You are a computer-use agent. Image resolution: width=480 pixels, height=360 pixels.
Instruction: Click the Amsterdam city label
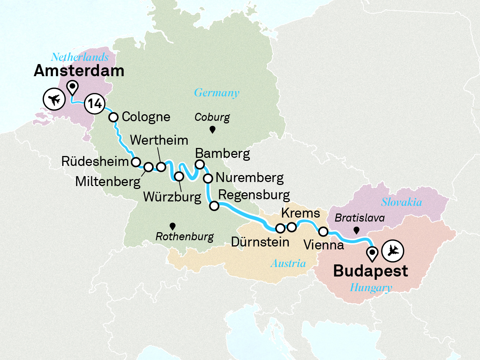79,71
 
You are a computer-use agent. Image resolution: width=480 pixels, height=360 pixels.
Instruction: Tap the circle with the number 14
95,104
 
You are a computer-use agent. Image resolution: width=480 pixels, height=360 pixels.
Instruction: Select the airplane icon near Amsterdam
54,99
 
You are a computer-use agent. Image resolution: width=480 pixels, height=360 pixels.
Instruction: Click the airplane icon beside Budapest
393,251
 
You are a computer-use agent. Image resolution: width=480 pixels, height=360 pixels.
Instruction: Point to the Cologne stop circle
114,117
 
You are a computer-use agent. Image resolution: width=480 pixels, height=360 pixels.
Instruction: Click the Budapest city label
370,271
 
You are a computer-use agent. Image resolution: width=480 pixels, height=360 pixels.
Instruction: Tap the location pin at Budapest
373,253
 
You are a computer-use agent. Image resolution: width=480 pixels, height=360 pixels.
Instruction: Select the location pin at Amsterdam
73,87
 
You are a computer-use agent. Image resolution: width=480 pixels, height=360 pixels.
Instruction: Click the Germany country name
217,93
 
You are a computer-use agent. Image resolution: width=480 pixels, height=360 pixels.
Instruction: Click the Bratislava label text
359,218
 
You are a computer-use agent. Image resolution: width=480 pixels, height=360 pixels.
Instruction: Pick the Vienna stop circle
323,231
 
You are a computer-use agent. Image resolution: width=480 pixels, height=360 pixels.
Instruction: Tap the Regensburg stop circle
214,206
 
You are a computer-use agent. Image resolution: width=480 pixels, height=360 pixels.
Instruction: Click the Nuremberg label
250,178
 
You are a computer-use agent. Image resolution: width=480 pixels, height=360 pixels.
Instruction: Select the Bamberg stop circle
200,164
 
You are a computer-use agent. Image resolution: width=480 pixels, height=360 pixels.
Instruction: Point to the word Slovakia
402,202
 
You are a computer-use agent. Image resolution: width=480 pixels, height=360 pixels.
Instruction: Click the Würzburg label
172,197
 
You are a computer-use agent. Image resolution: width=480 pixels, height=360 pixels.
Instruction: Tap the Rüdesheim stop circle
136,162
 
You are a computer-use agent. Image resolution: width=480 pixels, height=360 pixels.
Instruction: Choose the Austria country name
288,263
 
